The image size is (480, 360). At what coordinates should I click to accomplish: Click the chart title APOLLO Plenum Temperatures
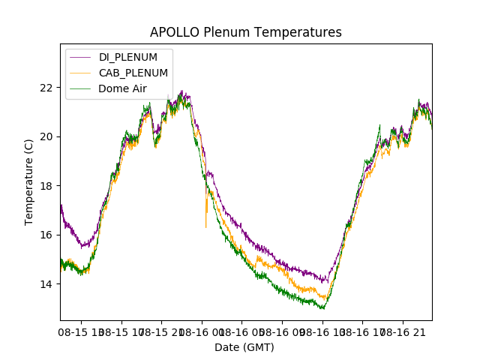click(245, 32)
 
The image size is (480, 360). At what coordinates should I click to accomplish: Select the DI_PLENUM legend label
click(127, 57)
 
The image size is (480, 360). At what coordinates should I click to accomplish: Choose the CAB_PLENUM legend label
click(133, 73)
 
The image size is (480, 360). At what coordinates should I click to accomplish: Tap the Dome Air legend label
click(122, 88)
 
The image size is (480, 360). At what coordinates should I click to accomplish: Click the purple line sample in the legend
click(80, 57)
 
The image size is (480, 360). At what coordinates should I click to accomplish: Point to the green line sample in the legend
click(80, 88)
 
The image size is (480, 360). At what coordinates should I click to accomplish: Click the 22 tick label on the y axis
click(46, 87)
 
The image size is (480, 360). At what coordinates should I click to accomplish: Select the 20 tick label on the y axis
click(46, 136)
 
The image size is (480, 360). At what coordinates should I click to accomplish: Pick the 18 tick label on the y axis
click(46, 186)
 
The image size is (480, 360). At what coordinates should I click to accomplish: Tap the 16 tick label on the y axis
click(46, 235)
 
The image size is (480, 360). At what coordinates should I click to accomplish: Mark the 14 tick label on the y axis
click(46, 284)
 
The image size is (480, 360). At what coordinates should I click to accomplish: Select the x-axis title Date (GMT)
click(244, 347)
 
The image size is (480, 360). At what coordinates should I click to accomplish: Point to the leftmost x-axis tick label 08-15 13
click(82, 331)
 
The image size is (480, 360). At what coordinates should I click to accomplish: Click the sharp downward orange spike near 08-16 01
click(205, 226)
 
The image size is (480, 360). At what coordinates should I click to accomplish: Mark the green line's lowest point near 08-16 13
click(322, 308)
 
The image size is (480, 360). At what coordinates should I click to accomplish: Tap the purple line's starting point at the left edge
click(61, 204)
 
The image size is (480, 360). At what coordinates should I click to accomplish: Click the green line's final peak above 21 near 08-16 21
click(419, 100)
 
